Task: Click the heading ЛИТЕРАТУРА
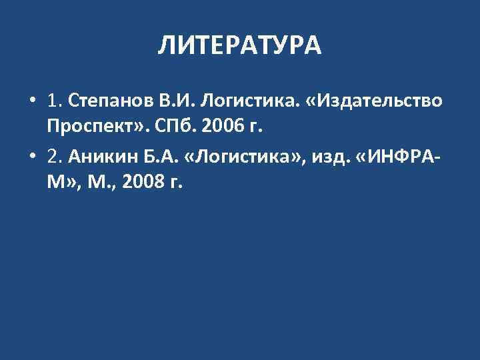[x=240, y=46]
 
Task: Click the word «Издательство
[x=373, y=102]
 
